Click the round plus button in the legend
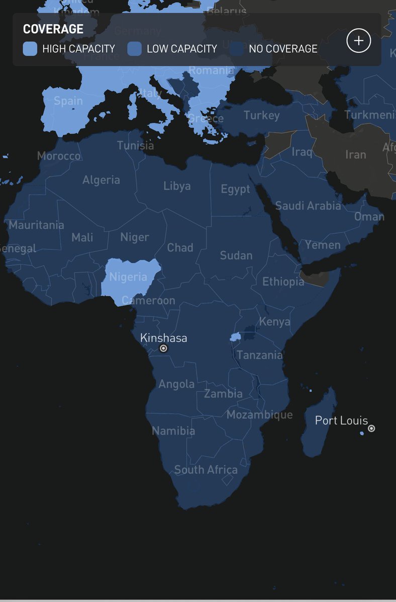pos(358,41)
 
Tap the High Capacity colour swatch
pos(30,49)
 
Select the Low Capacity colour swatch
pos(134,49)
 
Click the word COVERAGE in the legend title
pos(53,29)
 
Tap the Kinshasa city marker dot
pos(163,348)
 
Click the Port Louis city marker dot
pos(371,428)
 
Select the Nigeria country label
pos(128,277)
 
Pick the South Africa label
pos(206,470)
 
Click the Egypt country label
pos(235,189)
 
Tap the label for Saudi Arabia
pos(308,206)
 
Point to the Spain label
pos(68,101)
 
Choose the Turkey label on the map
pos(261,115)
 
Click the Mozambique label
pos(259,414)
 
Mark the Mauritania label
pos(36,225)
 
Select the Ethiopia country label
pos(283,282)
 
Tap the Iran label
pos(355,154)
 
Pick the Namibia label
pos(173,430)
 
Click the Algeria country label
pos(101,180)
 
